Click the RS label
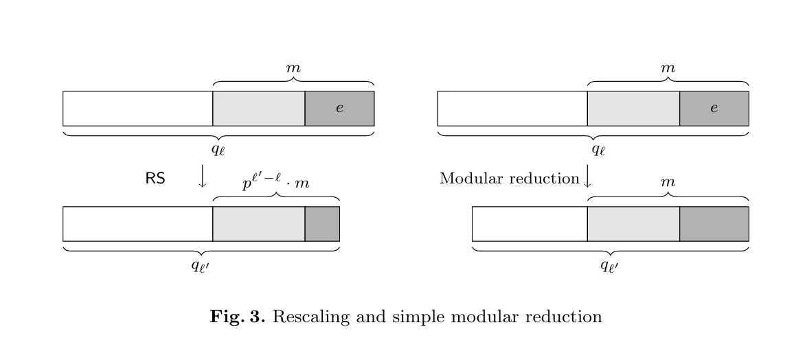tap(155, 179)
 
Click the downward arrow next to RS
tap(203, 176)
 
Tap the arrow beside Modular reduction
tap(588, 176)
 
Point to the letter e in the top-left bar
tap(339, 108)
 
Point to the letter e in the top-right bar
tap(714, 108)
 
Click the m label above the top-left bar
tap(293, 68)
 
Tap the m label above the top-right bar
tap(668, 68)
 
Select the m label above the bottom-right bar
tap(668, 182)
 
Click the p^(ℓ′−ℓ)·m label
tap(276, 182)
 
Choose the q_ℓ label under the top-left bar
tap(218, 150)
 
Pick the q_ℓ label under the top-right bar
tap(598, 150)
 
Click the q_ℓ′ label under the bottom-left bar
tap(201, 265)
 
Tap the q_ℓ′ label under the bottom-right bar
tap(609, 265)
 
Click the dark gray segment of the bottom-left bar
tap(322, 224)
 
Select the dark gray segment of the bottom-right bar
tap(714, 224)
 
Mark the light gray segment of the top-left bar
tap(259, 109)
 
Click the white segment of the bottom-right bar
tap(530, 224)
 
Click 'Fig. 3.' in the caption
tap(238, 316)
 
